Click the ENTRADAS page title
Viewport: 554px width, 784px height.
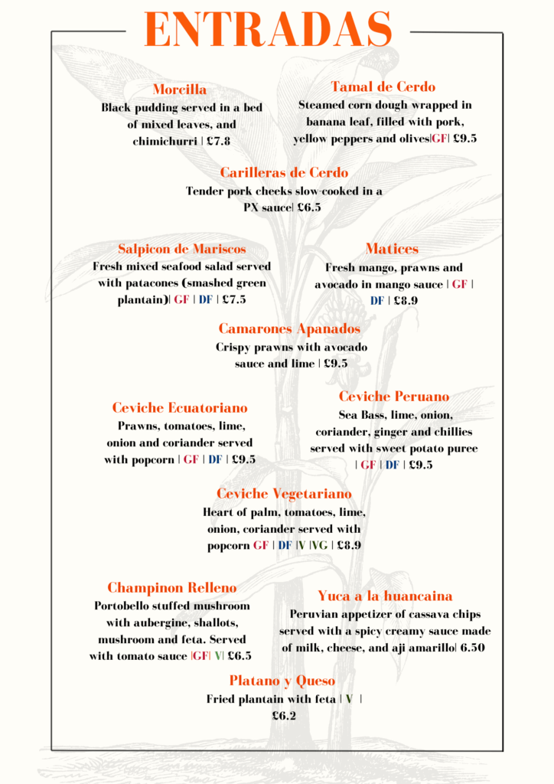(268, 31)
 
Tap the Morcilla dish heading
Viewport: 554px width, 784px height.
(180, 90)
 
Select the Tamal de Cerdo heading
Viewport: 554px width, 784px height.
(383, 87)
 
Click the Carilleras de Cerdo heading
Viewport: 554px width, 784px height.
(284, 172)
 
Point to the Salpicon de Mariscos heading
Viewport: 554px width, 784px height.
(182, 249)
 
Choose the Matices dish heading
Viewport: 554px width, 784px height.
(392, 249)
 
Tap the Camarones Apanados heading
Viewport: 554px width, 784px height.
(289, 328)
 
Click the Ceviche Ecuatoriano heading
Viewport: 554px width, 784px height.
(180, 407)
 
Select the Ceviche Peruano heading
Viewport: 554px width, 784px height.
(394, 397)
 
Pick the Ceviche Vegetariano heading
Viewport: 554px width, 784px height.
(284, 494)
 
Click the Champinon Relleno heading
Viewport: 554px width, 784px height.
(172, 588)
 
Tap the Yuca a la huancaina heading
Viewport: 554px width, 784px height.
(385, 596)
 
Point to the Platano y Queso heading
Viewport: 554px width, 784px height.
(282, 681)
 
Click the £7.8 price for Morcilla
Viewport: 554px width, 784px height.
(214, 142)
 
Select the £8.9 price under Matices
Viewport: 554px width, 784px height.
(406, 301)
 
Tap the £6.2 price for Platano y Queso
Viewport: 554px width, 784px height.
(284, 717)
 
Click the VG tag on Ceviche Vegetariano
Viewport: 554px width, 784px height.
(318, 546)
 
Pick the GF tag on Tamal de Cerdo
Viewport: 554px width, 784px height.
(439, 139)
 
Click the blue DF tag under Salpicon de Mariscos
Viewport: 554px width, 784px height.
(206, 300)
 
